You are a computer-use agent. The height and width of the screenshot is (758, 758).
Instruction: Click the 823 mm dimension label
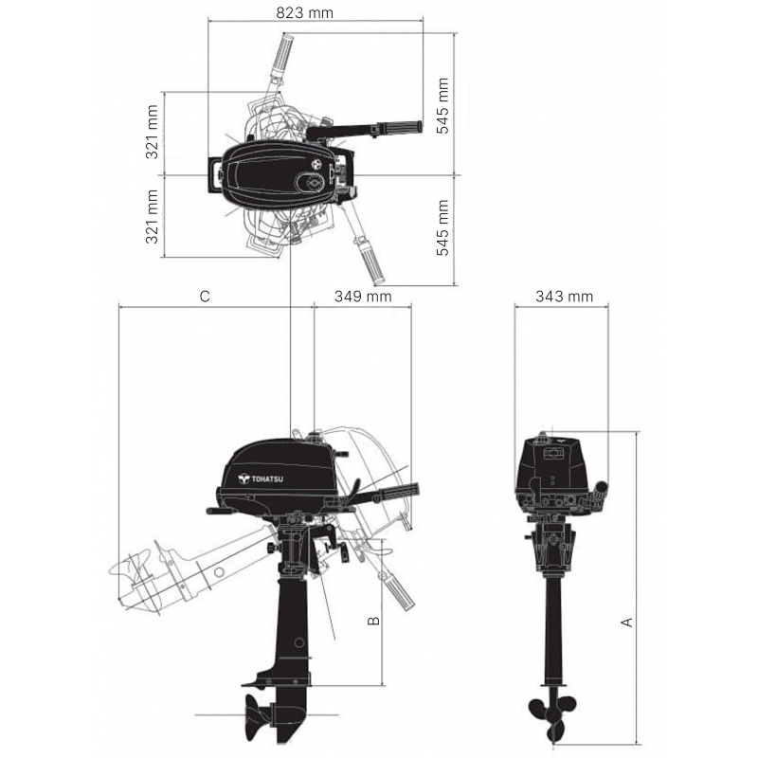pos(304,12)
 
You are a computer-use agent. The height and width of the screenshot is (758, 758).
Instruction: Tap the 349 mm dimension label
pos(363,296)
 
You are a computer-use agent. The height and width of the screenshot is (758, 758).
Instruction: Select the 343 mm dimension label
pos(564,296)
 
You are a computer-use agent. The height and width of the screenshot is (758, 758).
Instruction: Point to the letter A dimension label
pos(626,623)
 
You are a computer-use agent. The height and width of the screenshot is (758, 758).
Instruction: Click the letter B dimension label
pos(373,621)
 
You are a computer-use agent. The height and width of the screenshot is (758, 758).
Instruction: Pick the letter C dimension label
pos(205,297)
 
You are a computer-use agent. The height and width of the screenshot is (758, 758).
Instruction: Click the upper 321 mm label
pos(152,132)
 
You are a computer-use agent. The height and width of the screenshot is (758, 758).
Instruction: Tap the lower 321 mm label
pos(152,217)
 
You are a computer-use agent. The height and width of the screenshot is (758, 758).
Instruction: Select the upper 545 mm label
pos(442,106)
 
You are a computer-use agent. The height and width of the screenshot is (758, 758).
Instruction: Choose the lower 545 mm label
pos(442,227)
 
